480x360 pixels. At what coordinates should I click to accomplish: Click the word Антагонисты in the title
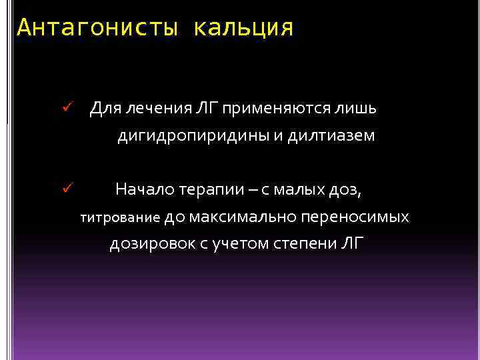point(98,28)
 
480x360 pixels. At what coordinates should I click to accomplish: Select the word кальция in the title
point(243,28)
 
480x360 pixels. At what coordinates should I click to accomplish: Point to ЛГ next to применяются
point(207,107)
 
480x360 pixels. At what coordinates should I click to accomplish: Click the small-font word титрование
point(120,217)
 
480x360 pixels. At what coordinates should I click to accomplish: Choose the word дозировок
point(151,244)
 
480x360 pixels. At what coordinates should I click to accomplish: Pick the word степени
point(303,244)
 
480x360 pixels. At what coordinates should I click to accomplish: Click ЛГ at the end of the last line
point(353,243)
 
